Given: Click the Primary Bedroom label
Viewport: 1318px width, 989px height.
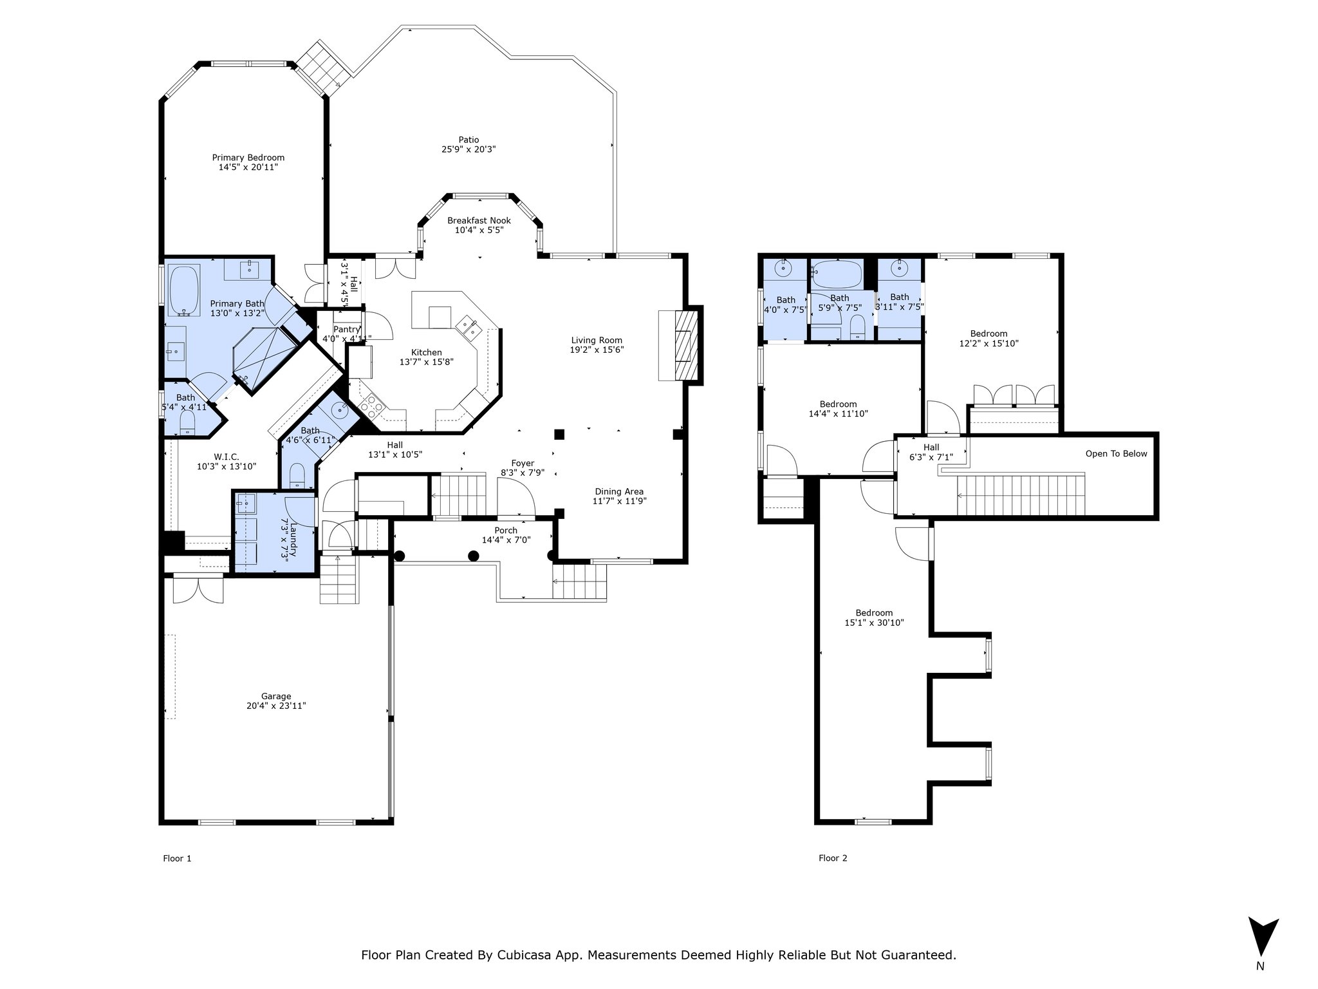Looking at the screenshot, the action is click(248, 158).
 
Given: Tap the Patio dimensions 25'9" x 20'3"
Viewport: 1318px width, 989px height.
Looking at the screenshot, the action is click(469, 149).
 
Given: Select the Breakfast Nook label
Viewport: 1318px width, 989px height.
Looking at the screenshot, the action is click(479, 221).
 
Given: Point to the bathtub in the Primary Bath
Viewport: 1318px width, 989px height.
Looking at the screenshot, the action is click(185, 291).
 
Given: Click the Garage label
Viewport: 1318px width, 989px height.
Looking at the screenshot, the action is click(276, 696).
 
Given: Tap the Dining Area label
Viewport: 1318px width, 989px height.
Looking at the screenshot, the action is click(619, 491).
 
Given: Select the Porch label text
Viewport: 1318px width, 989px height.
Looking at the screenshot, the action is click(506, 531).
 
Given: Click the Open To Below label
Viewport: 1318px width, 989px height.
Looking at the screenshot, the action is click(1117, 454).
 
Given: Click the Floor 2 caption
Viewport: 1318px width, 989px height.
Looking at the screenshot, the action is click(833, 858).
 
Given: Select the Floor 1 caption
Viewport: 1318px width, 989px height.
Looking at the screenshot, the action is click(177, 858).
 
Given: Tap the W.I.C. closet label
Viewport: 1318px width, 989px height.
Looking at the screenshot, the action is click(227, 457).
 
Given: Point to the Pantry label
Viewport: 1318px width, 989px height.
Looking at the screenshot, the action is click(347, 330).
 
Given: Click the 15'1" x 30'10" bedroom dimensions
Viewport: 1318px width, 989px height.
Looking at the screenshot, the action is click(874, 623).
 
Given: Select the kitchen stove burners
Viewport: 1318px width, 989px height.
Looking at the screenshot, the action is click(372, 404).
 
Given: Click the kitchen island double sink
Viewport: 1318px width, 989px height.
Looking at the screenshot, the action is click(468, 326).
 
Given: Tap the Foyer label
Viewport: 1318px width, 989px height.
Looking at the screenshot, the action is click(523, 463).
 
